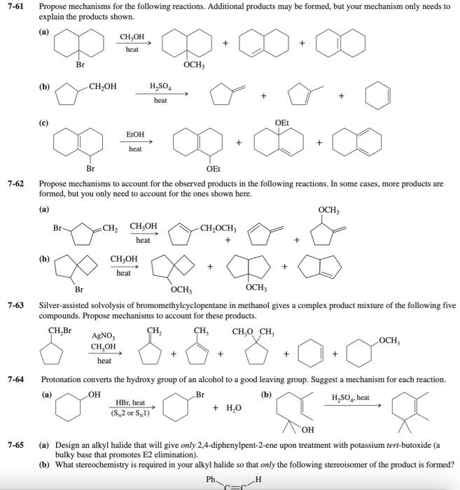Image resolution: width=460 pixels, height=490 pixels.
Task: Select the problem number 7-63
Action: [16, 305]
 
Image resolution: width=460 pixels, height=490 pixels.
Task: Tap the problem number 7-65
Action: [16, 444]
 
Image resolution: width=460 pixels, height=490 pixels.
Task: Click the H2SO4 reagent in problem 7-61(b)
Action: [160, 87]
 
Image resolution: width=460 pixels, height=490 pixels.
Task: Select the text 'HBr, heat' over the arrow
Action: [131, 403]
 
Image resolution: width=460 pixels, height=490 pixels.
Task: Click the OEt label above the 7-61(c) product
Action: [281, 123]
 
